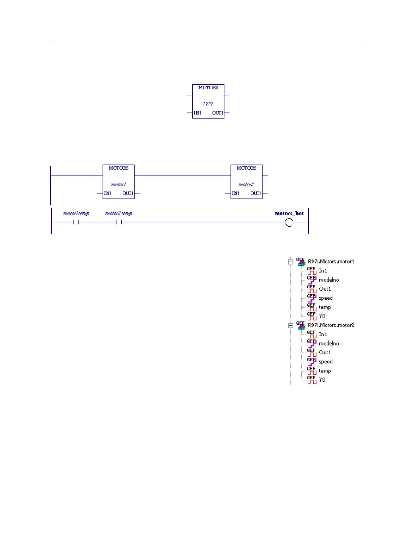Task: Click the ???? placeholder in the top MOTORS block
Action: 208,104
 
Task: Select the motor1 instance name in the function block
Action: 118,185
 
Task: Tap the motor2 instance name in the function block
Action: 246,185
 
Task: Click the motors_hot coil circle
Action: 289,223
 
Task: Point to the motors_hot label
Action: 289,214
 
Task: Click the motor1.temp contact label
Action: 76,214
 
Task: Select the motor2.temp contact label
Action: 118,214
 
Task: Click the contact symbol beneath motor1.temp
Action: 76,222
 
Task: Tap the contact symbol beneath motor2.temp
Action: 119,222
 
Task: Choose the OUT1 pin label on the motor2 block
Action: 256,193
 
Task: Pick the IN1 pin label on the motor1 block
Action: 108,193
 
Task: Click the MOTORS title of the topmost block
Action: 208,88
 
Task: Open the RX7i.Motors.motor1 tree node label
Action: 331,262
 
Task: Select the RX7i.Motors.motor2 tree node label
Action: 331,325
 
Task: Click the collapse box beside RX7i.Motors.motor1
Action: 291,262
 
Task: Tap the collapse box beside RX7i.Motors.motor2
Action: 291,326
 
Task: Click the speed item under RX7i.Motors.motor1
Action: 326,298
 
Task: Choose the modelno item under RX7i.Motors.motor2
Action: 329,344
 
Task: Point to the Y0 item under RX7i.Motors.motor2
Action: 322,380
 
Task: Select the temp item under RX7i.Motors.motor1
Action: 325,307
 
